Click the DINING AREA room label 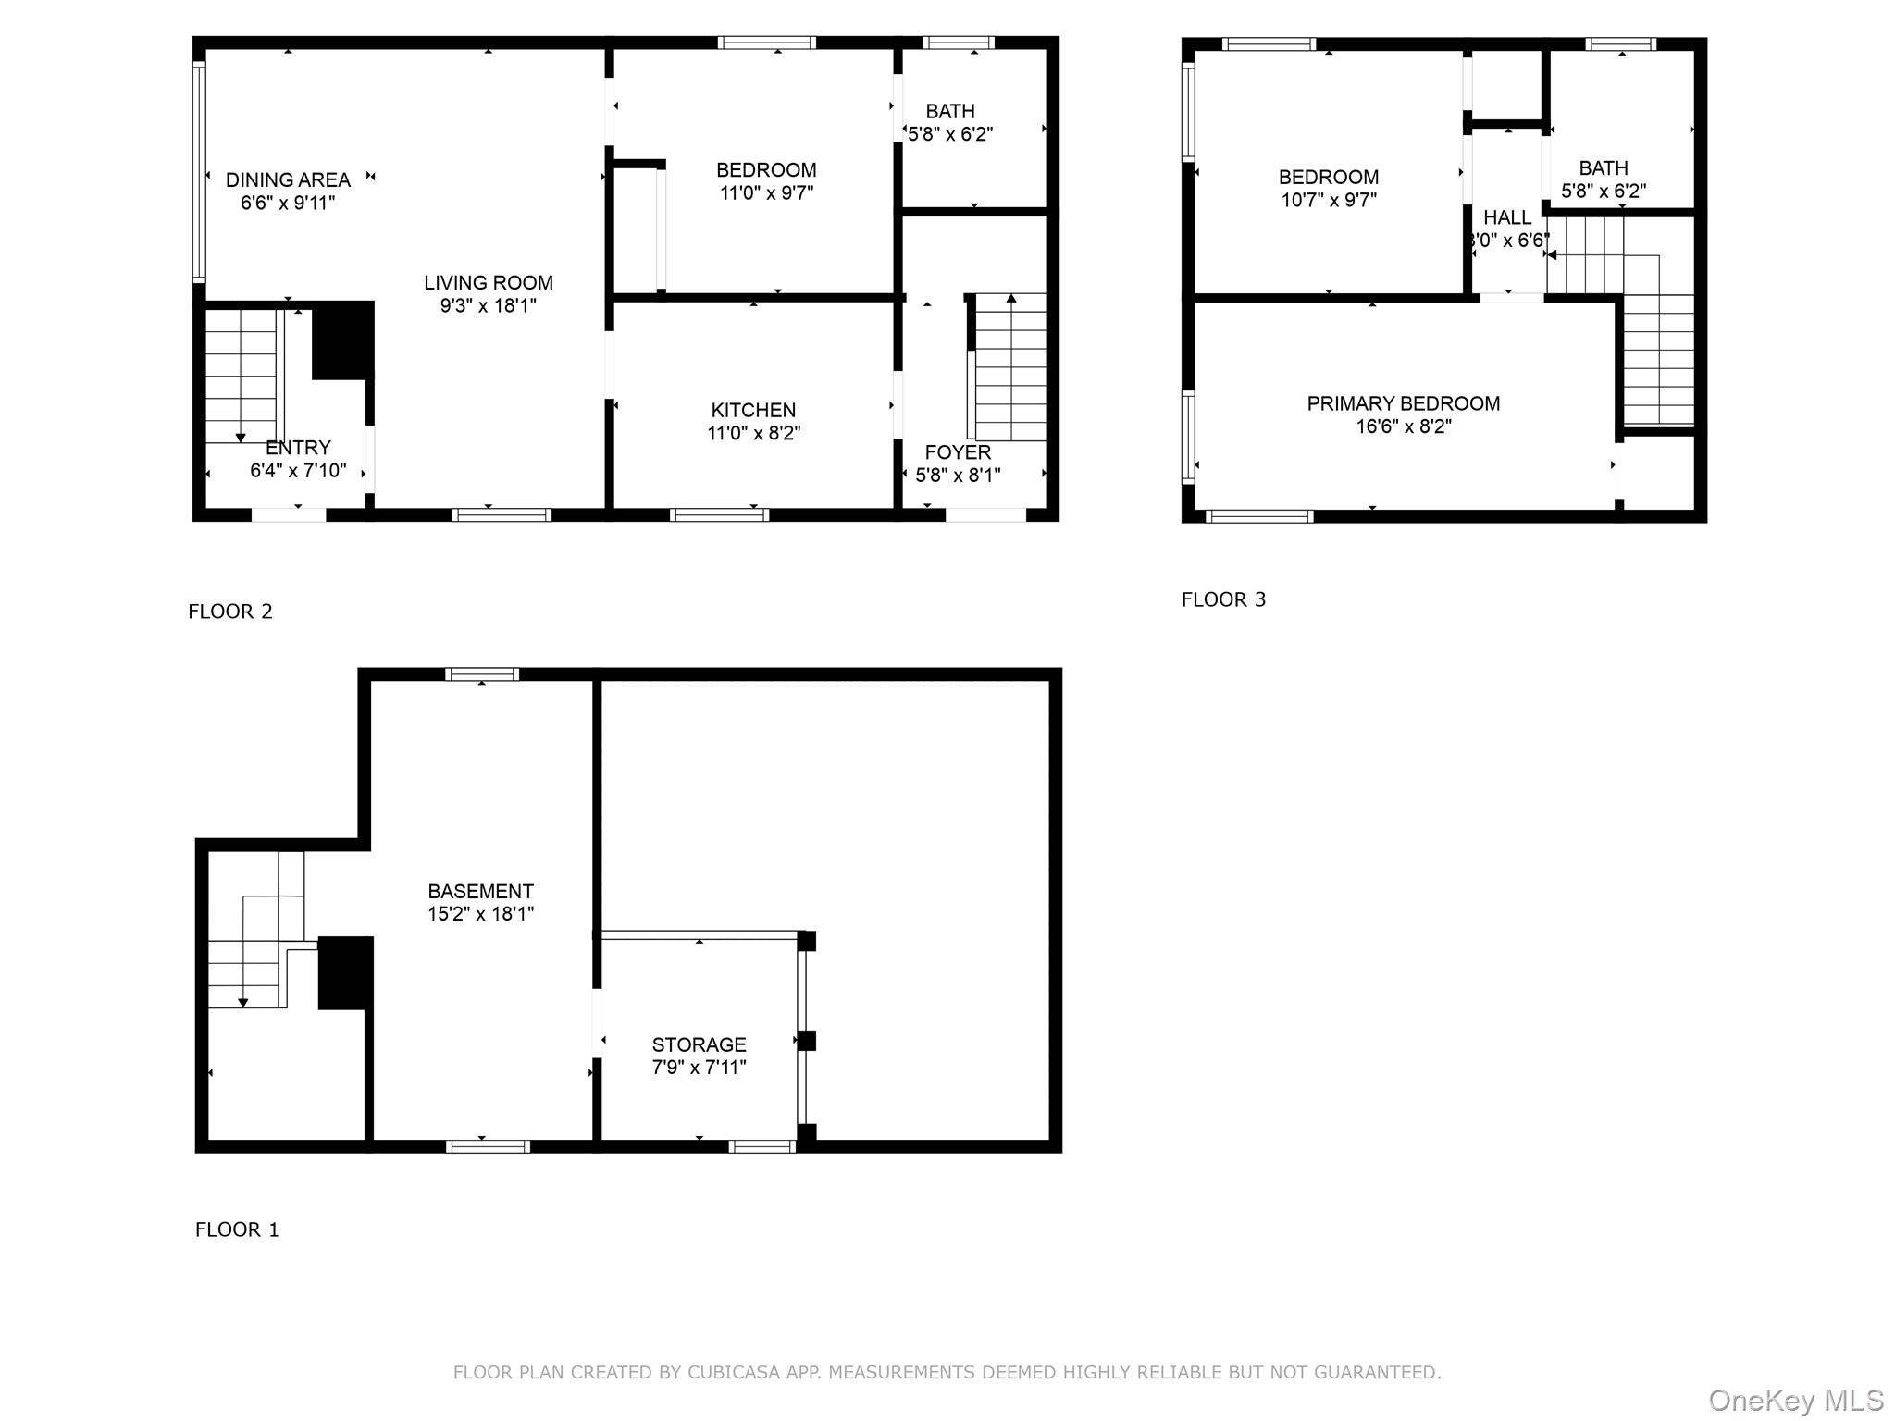tap(288, 179)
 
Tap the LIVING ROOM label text tap(489, 283)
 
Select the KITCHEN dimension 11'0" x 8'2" tap(754, 433)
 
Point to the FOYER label tap(958, 452)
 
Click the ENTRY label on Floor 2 tap(298, 448)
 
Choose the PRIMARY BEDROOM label tap(1404, 403)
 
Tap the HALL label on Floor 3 tap(1507, 217)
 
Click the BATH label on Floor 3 tap(1604, 168)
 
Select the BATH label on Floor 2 tap(950, 111)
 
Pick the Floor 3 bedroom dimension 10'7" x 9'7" tap(1329, 200)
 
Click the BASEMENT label tap(480, 891)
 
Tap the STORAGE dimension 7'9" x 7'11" tap(699, 1068)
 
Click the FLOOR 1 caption tap(237, 1229)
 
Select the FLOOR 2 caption tap(230, 612)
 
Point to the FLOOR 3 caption tap(1223, 599)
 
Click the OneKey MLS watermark tap(1796, 1401)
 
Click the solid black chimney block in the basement tap(346, 973)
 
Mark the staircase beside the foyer tap(1010, 367)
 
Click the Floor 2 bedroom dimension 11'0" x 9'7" tap(766, 193)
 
